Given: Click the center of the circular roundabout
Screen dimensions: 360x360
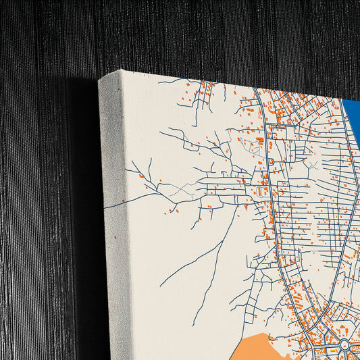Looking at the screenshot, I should click(344, 346).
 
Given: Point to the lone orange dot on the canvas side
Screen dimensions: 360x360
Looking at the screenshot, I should click(115, 237).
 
